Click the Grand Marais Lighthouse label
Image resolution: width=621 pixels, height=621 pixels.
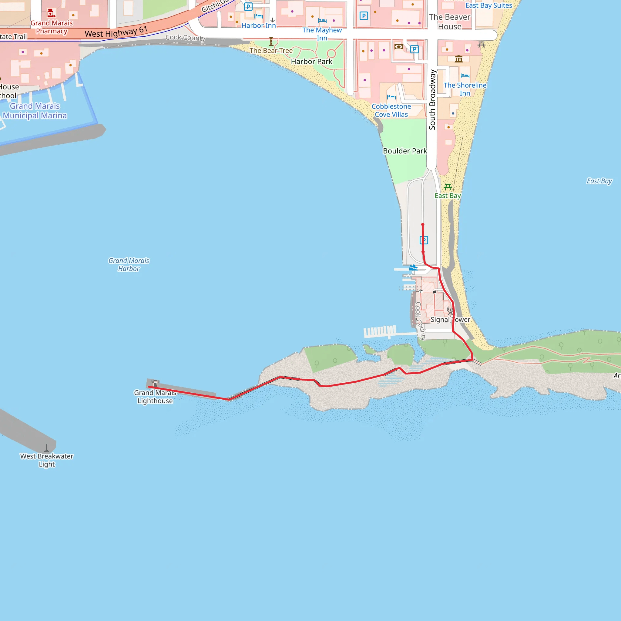point(155,397)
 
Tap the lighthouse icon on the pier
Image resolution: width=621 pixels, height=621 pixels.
point(155,383)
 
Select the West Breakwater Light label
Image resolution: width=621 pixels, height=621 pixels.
point(47,460)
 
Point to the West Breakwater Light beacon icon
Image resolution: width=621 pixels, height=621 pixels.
point(47,448)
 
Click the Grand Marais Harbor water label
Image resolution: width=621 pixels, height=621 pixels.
point(129,264)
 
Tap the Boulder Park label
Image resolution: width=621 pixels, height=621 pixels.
point(405,151)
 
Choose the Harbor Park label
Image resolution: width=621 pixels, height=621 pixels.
point(311,61)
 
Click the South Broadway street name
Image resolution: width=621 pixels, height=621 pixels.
point(432,100)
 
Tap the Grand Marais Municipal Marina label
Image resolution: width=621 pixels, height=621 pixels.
point(35,111)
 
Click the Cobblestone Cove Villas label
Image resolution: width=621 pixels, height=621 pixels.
point(391,110)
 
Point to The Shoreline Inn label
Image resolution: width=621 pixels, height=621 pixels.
point(465,89)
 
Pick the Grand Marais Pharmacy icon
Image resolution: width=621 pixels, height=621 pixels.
point(50,13)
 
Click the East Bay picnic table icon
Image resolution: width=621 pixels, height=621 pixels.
point(448,187)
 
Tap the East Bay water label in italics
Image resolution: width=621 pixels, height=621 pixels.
point(599,181)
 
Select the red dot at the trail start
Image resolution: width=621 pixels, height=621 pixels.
point(423,225)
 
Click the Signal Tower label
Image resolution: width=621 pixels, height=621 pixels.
point(450,320)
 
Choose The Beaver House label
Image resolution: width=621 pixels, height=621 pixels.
point(449,22)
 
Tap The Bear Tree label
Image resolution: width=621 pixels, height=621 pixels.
point(271,50)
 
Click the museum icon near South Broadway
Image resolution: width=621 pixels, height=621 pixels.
point(459,59)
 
